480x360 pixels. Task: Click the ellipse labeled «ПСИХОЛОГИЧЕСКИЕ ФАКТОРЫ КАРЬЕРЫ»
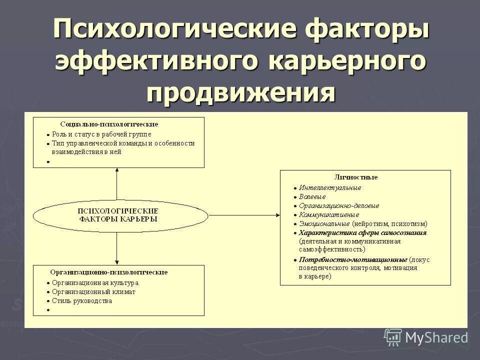pyautogui.click(x=120, y=215)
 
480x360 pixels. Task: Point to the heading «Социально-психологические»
pyautogui.click(x=109, y=123)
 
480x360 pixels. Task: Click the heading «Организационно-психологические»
pyautogui.click(x=108, y=272)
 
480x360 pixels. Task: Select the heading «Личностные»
pyautogui.click(x=355, y=177)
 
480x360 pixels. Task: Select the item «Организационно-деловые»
pyautogui.click(x=339, y=205)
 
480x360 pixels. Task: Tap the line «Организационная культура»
pyautogui.click(x=95, y=283)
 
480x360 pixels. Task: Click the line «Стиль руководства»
pyautogui.click(x=82, y=301)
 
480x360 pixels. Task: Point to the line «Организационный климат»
pyautogui.click(x=93, y=292)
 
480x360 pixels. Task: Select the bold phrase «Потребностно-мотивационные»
pyautogui.click(x=353, y=259)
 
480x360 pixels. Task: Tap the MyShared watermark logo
pyautogui.click(x=425, y=337)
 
